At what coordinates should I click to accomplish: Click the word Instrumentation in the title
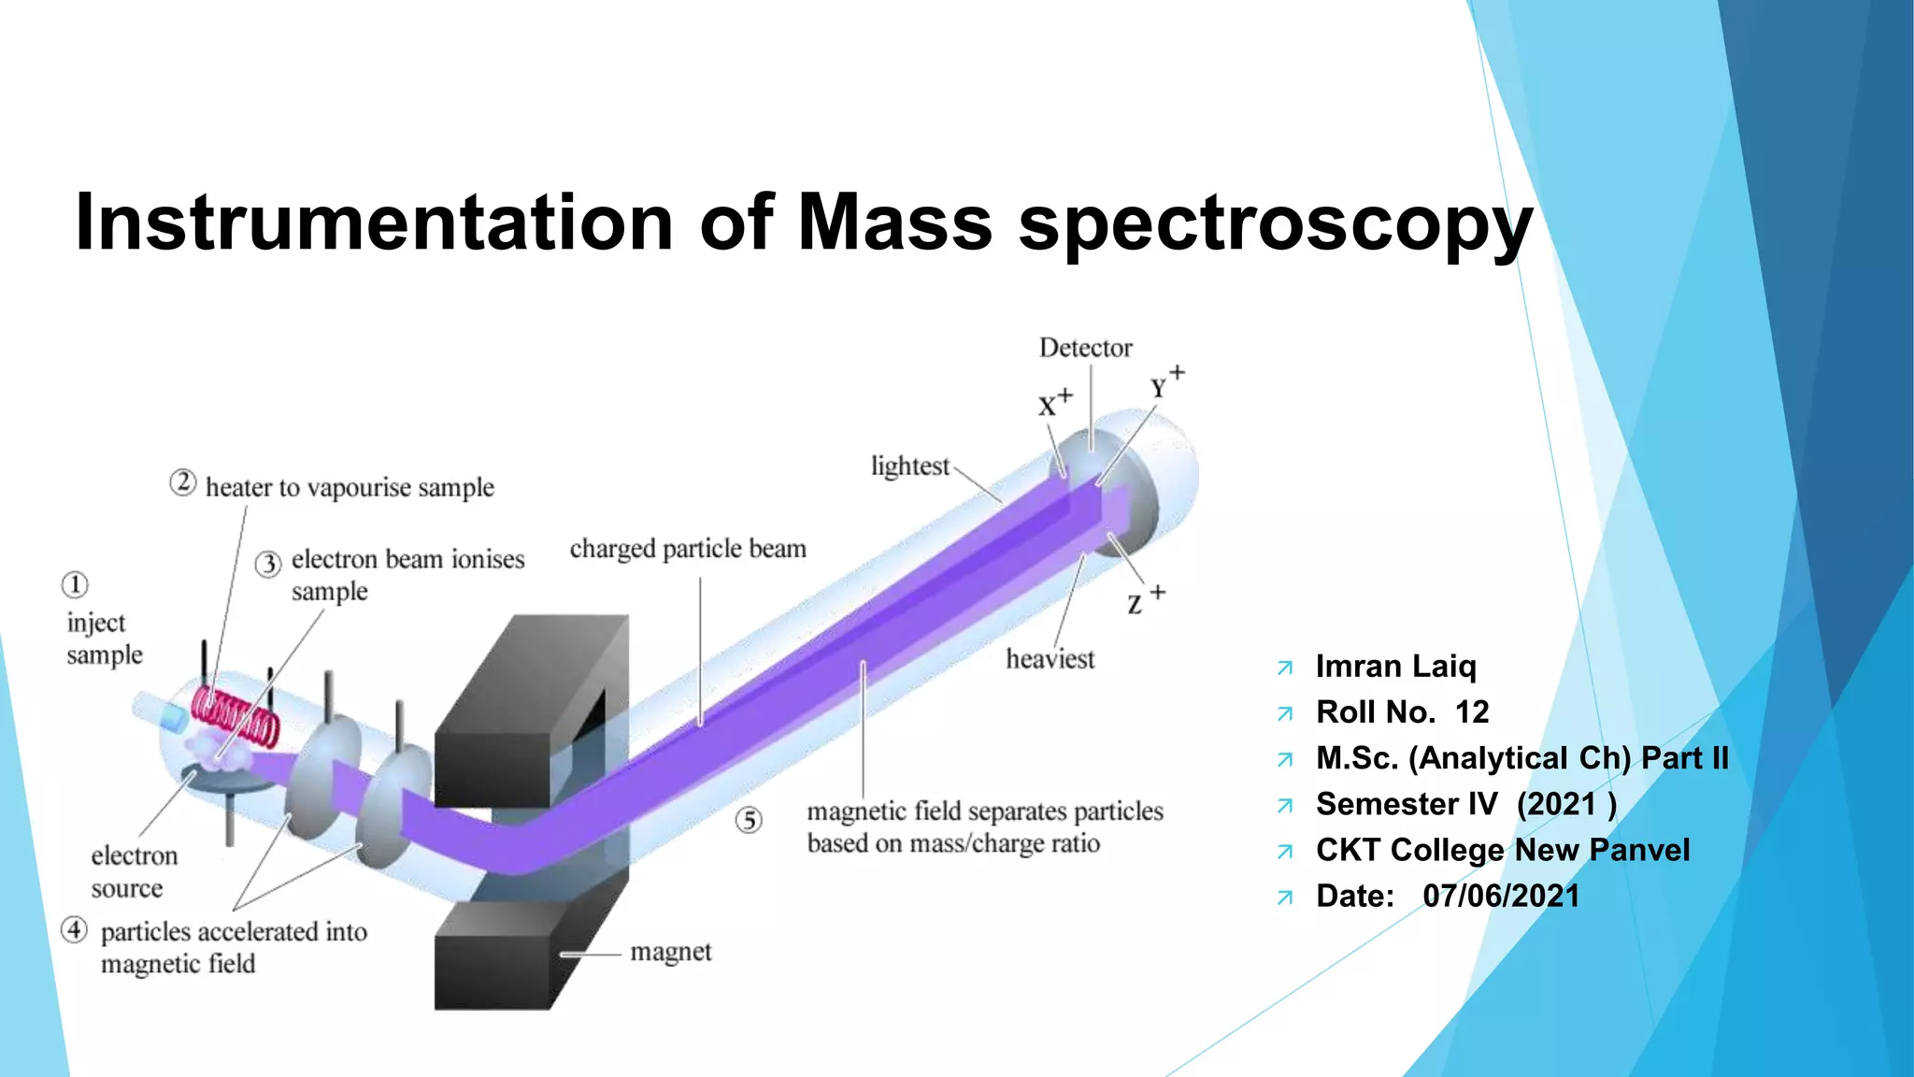374,223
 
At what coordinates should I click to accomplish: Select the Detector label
1085,348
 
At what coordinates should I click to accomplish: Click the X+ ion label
1054,404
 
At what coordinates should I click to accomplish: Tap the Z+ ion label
1145,600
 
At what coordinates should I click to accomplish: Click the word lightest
909,466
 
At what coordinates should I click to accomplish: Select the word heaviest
1050,659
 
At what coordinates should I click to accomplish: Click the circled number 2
182,483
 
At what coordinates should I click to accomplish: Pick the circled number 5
749,821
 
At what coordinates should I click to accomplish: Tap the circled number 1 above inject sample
75,585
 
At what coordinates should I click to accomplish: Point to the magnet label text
670,953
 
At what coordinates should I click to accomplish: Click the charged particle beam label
688,549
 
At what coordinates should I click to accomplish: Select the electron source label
134,871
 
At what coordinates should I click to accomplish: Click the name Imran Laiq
1395,667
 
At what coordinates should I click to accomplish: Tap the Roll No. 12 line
1402,712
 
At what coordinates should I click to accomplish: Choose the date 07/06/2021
1500,896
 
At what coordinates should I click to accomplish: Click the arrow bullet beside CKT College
1285,852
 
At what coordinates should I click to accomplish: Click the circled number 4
75,930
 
